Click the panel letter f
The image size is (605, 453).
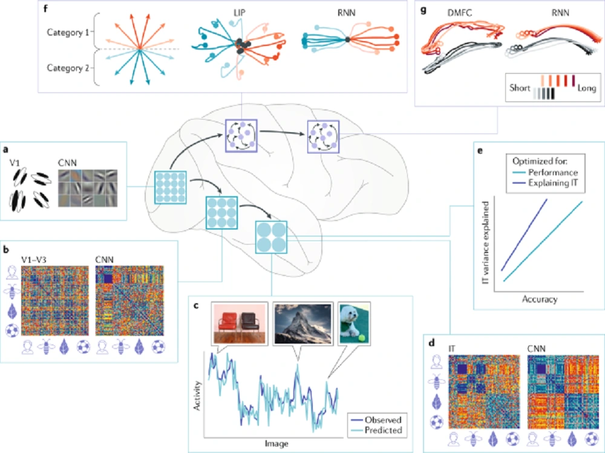(x=45, y=8)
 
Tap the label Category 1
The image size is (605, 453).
(x=68, y=33)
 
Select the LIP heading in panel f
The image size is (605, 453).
(x=239, y=13)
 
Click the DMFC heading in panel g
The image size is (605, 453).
(x=460, y=13)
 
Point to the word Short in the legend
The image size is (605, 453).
(x=520, y=88)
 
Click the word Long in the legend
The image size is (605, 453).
(x=586, y=88)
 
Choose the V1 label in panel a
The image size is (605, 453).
(x=15, y=163)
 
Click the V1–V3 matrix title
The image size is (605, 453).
(x=33, y=260)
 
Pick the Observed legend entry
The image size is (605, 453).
(x=376, y=420)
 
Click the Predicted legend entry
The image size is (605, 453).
(x=376, y=430)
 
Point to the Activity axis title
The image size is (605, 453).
(x=197, y=396)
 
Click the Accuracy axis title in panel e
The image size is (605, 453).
(x=540, y=299)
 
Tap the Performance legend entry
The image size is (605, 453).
(x=545, y=172)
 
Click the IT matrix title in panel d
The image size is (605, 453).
(x=452, y=349)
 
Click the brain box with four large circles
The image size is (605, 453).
(x=271, y=237)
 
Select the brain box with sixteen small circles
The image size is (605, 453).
(x=170, y=188)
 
